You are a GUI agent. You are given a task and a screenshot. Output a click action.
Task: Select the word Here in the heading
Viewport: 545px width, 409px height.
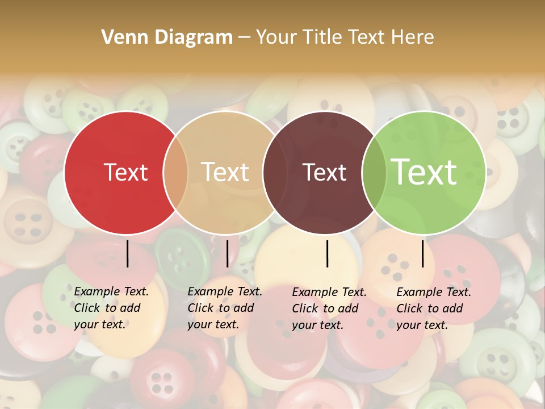pyautogui.click(x=413, y=37)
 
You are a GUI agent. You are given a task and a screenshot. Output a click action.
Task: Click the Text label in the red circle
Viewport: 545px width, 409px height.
pyautogui.click(x=125, y=172)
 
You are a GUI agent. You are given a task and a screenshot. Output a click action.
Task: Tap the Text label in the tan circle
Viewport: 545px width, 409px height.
pyautogui.click(x=225, y=172)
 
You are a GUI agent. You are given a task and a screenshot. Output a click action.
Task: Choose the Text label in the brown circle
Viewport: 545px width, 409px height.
pyautogui.click(x=324, y=172)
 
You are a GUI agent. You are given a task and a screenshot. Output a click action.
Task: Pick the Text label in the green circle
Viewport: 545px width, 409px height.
pyautogui.click(x=424, y=172)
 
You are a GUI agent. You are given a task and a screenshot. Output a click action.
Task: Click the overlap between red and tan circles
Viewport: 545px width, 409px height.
pyautogui.click(x=175, y=173)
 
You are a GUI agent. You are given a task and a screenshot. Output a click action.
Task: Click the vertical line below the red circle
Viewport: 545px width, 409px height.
pyautogui.click(x=127, y=253)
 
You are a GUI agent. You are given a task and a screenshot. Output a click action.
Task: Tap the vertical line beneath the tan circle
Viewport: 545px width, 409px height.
pyautogui.click(x=227, y=253)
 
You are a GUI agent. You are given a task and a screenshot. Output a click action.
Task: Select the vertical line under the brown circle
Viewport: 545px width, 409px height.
pyautogui.click(x=328, y=253)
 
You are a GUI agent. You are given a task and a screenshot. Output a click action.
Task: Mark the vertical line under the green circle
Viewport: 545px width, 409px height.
pyautogui.click(x=422, y=253)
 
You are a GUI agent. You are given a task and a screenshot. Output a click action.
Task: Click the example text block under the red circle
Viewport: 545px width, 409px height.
pyautogui.click(x=111, y=308)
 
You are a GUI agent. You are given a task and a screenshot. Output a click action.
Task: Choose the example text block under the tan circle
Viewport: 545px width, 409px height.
pyautogui.click(x=224, y=308)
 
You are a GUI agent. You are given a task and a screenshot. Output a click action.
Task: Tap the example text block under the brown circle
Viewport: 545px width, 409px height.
pyautogui.click(x=329, y=308)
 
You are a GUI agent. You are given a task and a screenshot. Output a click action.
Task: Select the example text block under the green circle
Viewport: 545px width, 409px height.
pyautogui.click(x=433, y=308)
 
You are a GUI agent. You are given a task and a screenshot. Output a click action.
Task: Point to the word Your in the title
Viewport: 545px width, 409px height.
pyautogui.click(x=276, y=37)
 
